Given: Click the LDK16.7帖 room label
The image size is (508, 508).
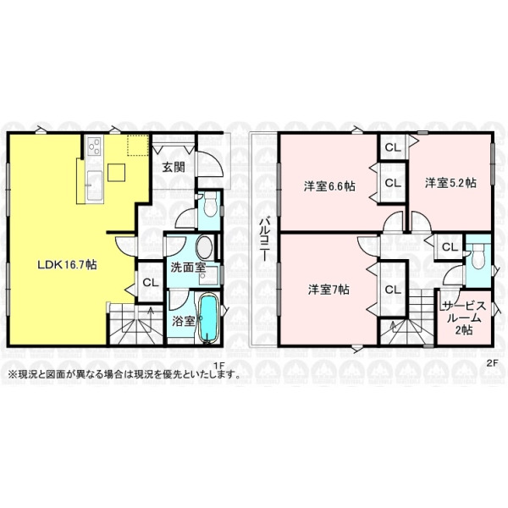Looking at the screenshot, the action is point(67,265).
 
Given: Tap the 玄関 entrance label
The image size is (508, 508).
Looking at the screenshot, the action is point(174,167).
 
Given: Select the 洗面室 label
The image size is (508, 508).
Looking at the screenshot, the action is point(188,268).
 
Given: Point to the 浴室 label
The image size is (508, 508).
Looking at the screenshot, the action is point(184,321).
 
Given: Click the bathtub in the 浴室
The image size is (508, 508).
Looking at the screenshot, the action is point(207,318).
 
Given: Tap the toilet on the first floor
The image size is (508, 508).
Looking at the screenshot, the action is point(211,204).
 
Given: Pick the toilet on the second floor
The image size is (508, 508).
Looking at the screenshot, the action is point(478,257).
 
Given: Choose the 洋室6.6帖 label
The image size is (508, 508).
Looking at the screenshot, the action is point(329,186).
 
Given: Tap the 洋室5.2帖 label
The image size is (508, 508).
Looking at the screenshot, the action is point(450,183).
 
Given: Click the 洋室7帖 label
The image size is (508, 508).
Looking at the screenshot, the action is point(329,290).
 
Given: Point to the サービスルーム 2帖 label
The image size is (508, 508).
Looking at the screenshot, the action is point(464,317).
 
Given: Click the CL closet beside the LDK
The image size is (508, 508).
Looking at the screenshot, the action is point(151,282).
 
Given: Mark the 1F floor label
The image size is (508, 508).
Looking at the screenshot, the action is point(219,365).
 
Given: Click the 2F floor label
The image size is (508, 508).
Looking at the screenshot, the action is point(492,363).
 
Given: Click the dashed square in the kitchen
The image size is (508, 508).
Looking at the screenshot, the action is point(138,145).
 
